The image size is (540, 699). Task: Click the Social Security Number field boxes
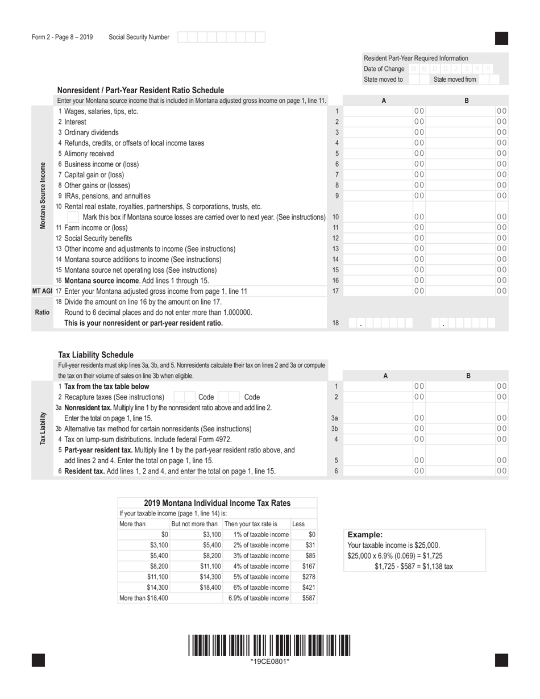tap(221, 38)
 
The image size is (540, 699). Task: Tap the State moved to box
tap(416, 80)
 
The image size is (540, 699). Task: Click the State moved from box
tap(489, 80)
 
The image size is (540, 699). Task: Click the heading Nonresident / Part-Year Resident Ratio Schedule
tap(140, 90)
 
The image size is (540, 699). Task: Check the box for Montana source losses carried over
tap(73, 217)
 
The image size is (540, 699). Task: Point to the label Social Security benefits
tap(98, 238)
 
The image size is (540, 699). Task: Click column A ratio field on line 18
tap(380, 323)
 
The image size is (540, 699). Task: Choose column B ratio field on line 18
tap(463, 323)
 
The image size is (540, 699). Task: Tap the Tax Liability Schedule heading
tap(96, 355)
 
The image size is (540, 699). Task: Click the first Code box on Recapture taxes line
tap(182, 397)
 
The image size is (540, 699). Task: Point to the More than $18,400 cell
tap(143, 598)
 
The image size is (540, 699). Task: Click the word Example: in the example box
tap(365, 535)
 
